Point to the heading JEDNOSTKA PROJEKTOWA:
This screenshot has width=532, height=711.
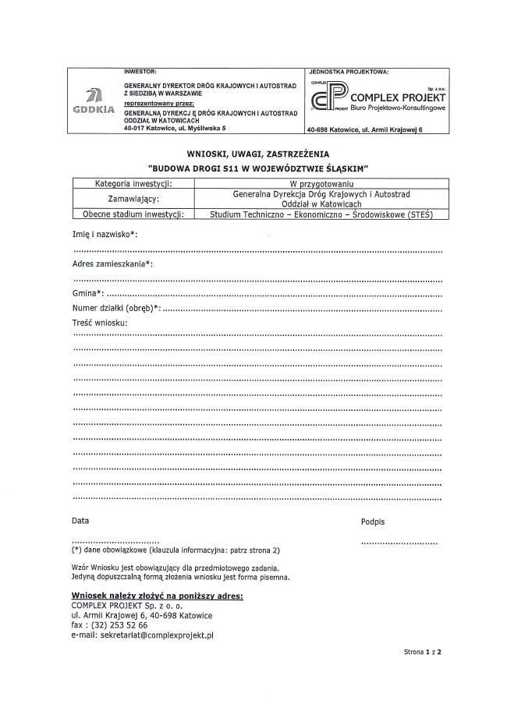348,71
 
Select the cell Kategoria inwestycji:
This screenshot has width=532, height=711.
133,183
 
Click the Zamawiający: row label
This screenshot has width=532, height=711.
133,199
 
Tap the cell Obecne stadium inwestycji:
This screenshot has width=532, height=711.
133,214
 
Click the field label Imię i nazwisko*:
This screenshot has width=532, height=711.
105,234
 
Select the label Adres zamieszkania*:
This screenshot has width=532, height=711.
112,264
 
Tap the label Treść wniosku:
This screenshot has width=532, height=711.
100,323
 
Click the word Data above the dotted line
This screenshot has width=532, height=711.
80,519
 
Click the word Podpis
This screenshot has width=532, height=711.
373,521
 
